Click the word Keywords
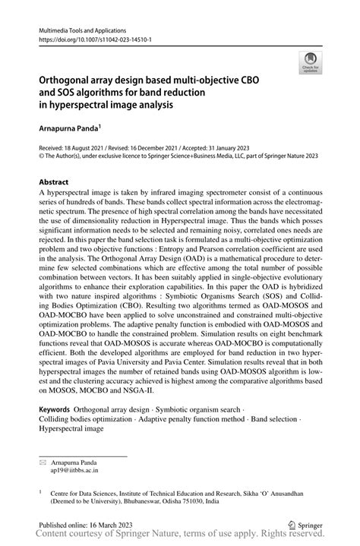[x=55, y=409]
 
